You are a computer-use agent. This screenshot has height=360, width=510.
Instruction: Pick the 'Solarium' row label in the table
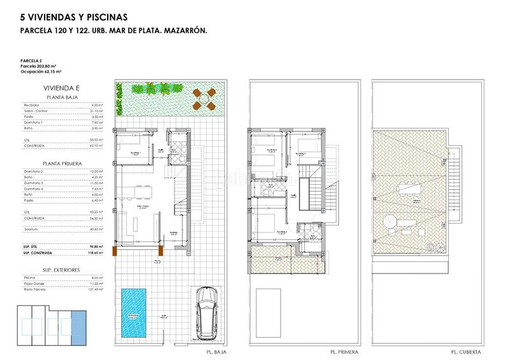[x=31, y=229]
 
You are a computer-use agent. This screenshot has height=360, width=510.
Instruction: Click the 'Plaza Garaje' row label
[x=33, y=284]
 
